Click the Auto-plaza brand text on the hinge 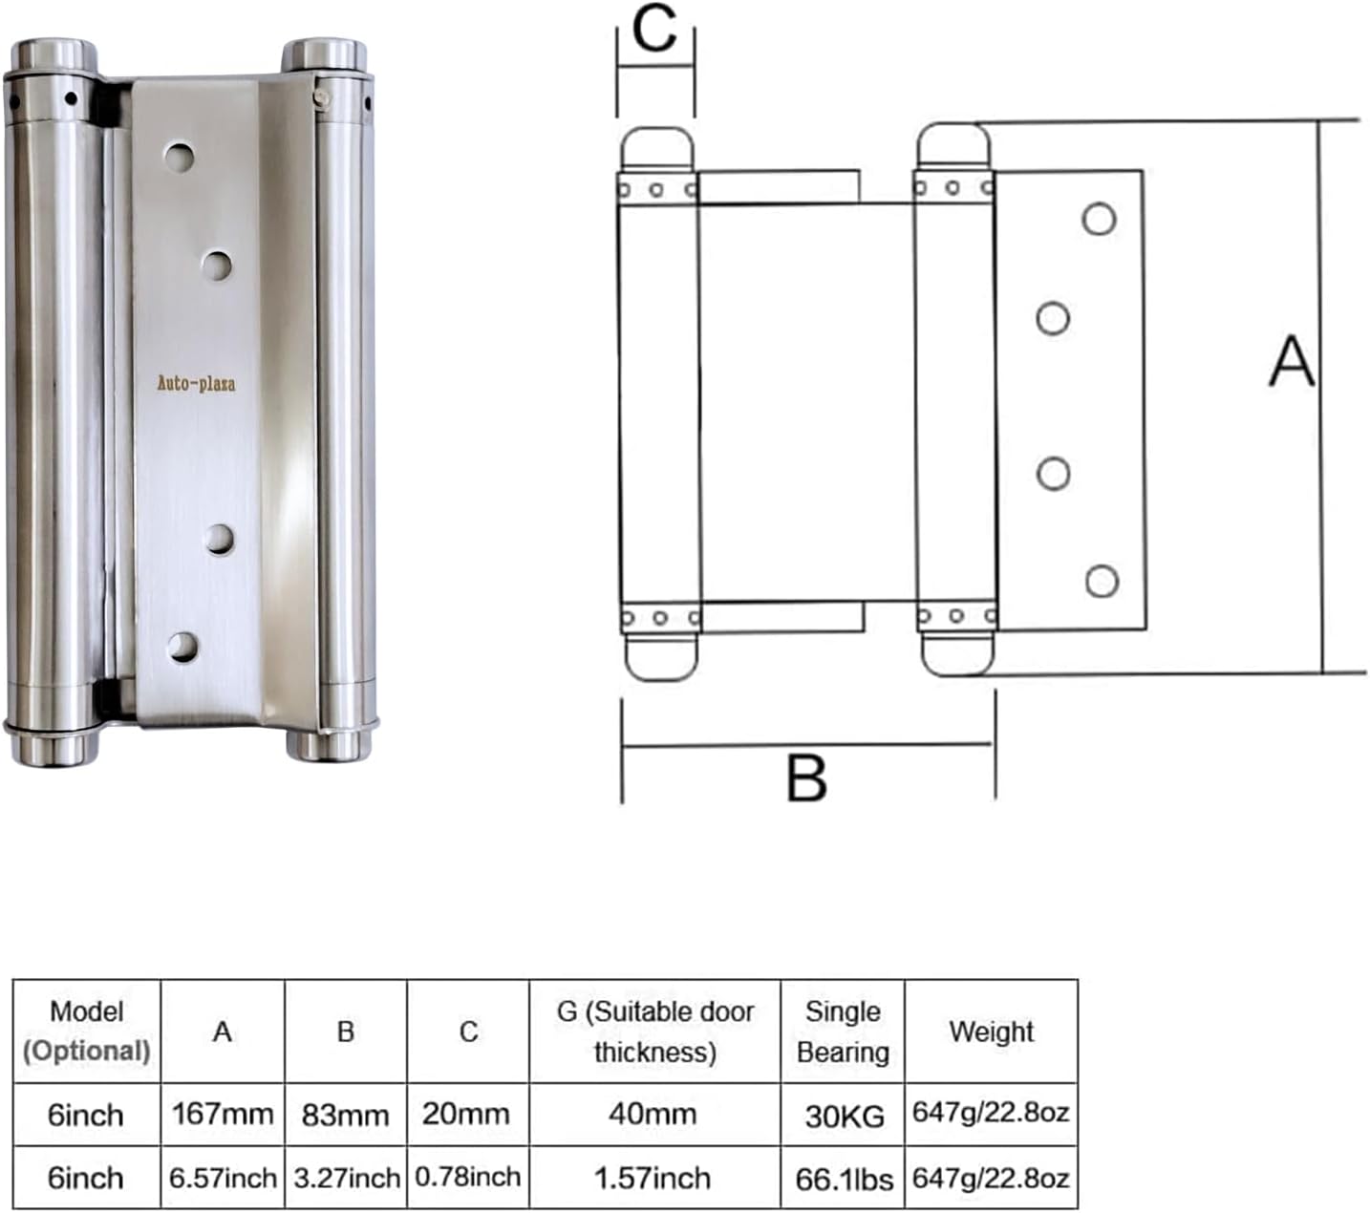[x=196, y=384]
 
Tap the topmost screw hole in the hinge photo [x=179, y=157]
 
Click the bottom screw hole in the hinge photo [x=182, y=647]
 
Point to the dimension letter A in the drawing [x=1292, y=362]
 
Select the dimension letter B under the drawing [x=806, y=777]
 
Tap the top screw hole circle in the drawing [x=1099, y=219]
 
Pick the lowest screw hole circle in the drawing [x=1102, y=581]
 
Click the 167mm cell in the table [x=223, y=1114]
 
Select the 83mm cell [x=345, y=1115]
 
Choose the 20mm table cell [x=467, y=1114]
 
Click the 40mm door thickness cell [x=653, y=1114]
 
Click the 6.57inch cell [x=223, y=1178]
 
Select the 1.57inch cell [x=653, y=1178]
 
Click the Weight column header [x=991, y=1032]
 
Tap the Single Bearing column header [x=843, y=1032]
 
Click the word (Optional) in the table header [x=86, y=1052]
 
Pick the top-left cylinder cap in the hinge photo [x=55, y=55]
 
